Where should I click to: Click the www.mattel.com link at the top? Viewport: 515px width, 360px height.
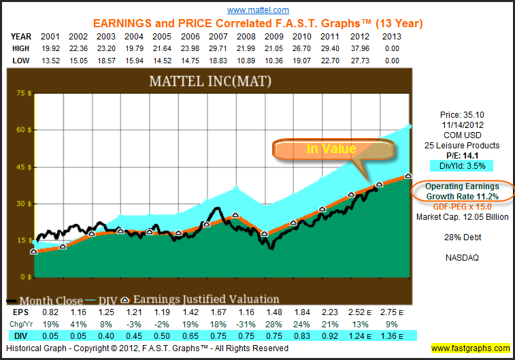[258, 10]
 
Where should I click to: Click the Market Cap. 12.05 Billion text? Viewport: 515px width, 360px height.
[463, 217]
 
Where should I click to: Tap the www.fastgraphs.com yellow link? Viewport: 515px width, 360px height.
[470, 348]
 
